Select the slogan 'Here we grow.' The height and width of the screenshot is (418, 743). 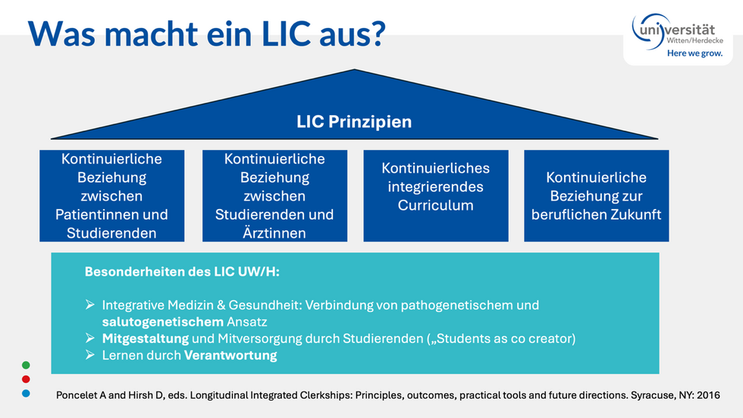694,54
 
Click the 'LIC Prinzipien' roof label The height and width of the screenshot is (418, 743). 354,122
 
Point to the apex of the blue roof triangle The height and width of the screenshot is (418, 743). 354,70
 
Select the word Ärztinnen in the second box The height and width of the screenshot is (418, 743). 274,232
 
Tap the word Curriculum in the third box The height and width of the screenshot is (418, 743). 435,205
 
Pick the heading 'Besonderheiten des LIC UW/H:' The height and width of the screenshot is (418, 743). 182,272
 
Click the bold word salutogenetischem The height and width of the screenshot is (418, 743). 162,322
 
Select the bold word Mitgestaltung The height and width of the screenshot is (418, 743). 146,338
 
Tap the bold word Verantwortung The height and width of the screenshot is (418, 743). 230,355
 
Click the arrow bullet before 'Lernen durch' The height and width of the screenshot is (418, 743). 90,354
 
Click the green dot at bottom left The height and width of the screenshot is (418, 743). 26,365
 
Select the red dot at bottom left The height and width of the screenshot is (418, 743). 26,379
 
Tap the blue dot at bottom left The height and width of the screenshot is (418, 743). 26,393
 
